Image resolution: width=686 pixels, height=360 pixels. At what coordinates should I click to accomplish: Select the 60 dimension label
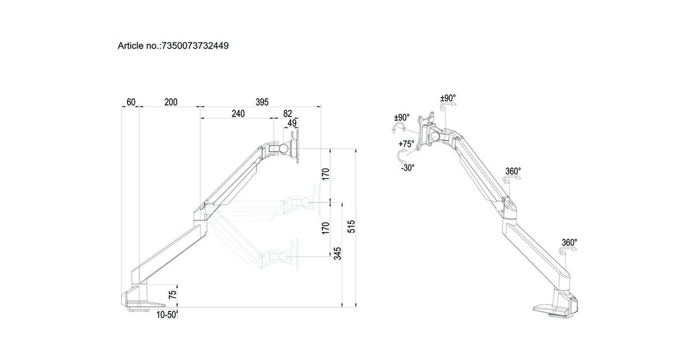[x=131, y=102]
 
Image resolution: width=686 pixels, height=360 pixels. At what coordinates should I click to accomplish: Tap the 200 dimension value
[x=170, y=102]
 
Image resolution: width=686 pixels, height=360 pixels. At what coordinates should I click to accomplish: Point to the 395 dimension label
[x=261, y=102]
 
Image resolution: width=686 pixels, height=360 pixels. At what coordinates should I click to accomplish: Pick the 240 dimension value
[x=238, y=114]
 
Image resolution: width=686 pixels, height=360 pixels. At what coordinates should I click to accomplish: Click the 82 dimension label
[x=287, y=114]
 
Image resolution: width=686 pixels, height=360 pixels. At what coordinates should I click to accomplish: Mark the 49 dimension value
[x=292, y=123]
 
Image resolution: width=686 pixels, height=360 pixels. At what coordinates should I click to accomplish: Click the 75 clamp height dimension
[x=173, y=295]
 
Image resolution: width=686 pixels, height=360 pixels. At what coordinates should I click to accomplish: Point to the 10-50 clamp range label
[x=166, y=315]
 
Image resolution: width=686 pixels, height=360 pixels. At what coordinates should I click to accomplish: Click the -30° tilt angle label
[x=407, y=167]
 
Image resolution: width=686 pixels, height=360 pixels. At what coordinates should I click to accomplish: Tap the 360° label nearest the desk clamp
[x=569, y=242]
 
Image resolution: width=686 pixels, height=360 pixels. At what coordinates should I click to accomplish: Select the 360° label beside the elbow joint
[x=513, y=171]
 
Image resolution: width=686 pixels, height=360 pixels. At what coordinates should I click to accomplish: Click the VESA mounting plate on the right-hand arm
[x=426, y=133]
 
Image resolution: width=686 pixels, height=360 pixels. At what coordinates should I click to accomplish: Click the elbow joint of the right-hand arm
[x=508, y=209]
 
